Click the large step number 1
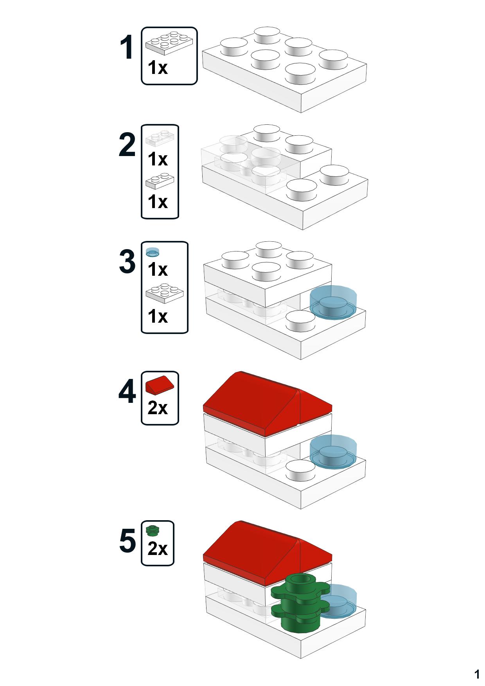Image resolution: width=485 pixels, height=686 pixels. [x=127, y=48]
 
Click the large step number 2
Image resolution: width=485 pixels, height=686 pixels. [x=127, y=145]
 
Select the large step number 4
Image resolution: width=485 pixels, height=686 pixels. [x=127, y=391]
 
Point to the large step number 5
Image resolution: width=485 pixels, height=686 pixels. [x=128, y=541]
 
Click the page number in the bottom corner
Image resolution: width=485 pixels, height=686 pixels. [x=477, y=674]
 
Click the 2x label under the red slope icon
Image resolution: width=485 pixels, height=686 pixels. [x=158, y=408]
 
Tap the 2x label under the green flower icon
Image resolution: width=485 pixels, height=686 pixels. [x=158, y=549]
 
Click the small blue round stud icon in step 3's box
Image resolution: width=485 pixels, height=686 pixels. [x=153, y=252]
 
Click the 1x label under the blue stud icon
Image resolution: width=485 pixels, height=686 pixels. [x=158, y=269]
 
